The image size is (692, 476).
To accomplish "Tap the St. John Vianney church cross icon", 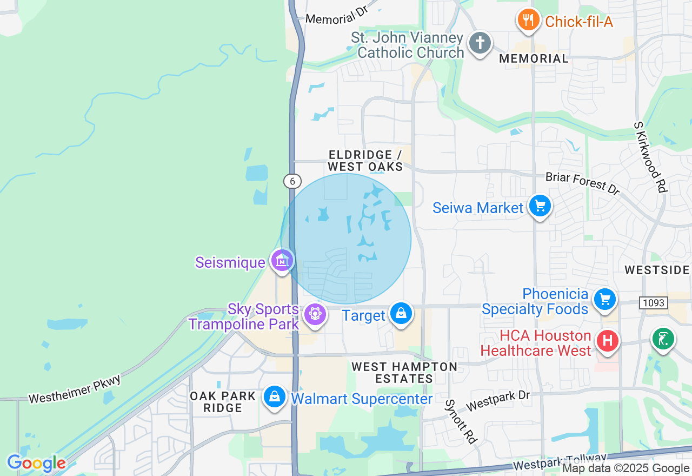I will pyautogui.click(x=479, y=43).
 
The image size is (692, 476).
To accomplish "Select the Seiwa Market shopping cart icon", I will pyautogui.click(x=540, y=206).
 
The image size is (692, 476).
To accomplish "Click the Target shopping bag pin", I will pyautogui.click(x=401, y=314).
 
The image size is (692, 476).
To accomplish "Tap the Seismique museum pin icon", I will pyautogui.click(x=282, y=261).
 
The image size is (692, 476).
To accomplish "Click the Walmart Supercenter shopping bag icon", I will pyautogui.click(x=275, y=398).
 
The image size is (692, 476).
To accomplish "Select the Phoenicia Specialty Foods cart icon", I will pyautogui.click(x=604, y=299).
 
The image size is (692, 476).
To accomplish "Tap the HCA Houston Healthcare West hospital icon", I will pyautogui.click(x=607, y=341).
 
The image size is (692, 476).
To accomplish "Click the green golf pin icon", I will pyautogui.click(x=663, y=339).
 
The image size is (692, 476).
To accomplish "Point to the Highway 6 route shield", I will pyautogui.click(x=292, y=181).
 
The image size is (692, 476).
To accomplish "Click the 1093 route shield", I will pyautogui.click(x=653, y=303).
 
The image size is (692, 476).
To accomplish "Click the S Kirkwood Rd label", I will pyautogui.click(x=651, y=156).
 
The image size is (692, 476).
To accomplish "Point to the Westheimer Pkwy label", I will pyautogui.click(x=75, y=389).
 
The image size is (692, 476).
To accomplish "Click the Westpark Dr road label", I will pyautogui.click(x=498, y=401).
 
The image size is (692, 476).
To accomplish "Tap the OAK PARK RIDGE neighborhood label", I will pyautogui.click(x=223, y=402).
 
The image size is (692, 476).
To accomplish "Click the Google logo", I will pyautogui.click(x=36, y=464).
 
